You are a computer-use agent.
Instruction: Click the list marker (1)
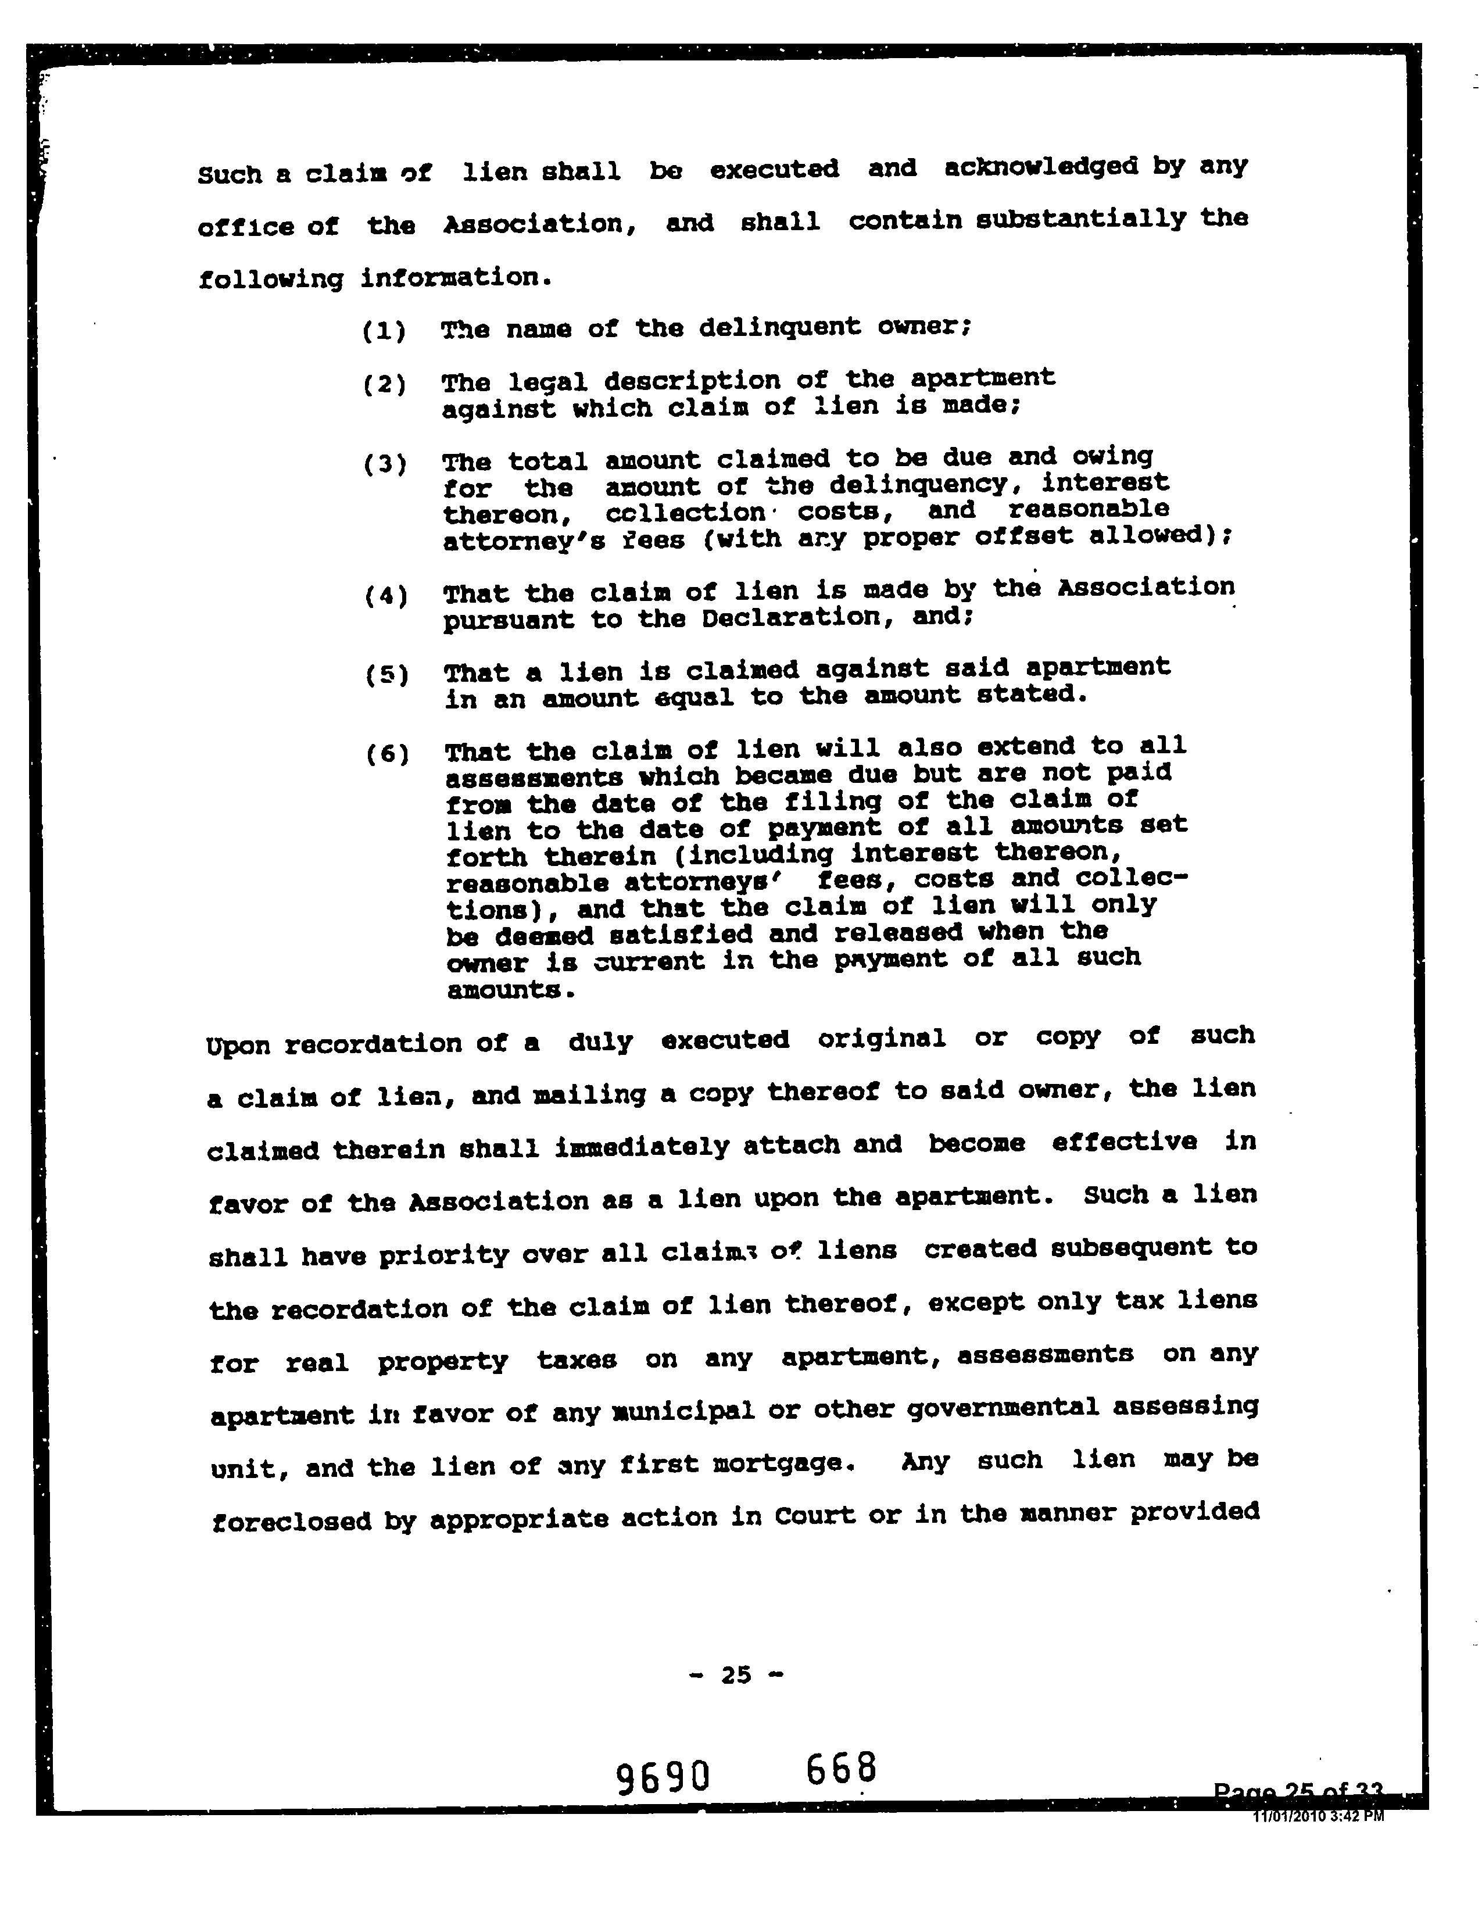coord(384,331)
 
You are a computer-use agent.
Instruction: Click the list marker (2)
coord(384,385)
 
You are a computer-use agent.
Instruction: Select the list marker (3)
coord(385,464)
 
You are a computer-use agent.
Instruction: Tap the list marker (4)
coord(385,597)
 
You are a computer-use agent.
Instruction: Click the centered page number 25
coord(736,1674)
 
